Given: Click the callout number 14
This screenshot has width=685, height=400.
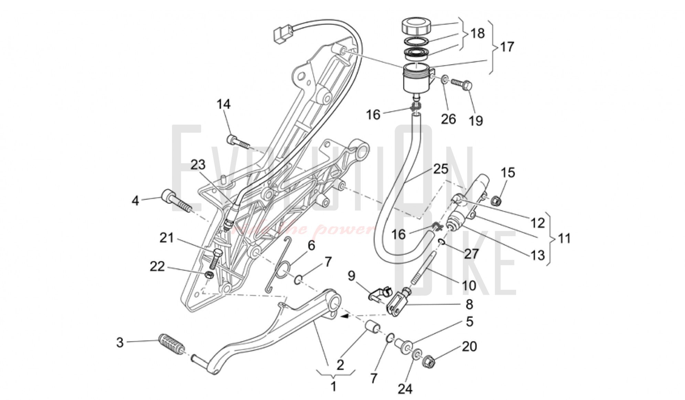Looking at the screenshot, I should click(x=223, y=104).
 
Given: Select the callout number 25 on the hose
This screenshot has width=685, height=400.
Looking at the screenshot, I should click(x=441, y=169).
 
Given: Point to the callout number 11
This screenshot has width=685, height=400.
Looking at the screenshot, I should click(x=564, y=238).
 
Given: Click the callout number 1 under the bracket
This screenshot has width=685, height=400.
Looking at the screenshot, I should click(x=333, y=386).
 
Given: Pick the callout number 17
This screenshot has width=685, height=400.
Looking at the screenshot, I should click(x=507, y=46).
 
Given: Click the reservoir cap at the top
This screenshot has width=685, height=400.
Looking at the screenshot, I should click(x=416, y=26).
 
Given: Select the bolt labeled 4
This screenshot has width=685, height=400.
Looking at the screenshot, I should click(x=176, y=201).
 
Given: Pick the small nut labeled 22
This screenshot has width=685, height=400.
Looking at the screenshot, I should click(x=208, y=275).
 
